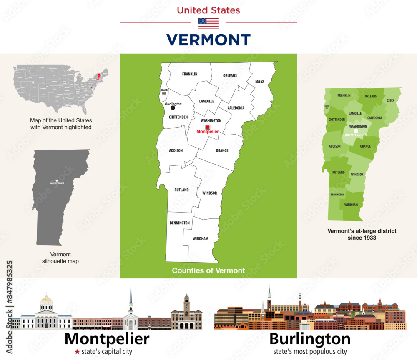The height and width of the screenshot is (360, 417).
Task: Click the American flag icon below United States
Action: [x=208, y=23]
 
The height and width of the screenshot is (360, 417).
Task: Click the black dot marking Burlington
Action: [x=173, y=107]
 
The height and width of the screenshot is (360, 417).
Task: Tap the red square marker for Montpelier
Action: [x=207, y=127]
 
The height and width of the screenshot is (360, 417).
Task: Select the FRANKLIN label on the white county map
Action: [x=189, y=74]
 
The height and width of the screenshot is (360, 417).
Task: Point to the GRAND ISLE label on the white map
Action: [x=164, y=91]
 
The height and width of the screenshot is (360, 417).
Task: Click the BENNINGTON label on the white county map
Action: [x=179, y=223]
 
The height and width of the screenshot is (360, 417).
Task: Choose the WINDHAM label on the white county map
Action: [x=200, y=239]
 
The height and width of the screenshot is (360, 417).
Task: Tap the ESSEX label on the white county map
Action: [x=259, y=82]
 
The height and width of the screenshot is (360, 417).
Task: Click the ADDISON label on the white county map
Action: [x=176, y=150]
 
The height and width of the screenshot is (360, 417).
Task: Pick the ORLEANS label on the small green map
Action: [x=370, y=97]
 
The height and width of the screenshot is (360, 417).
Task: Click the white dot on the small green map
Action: [x=356, y=130]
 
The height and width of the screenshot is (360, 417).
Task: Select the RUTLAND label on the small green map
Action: [x=338, y=172]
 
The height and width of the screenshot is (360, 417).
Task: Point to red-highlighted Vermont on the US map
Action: [x=99, y=77]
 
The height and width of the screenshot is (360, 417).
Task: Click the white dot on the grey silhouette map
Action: [x=57, y=180]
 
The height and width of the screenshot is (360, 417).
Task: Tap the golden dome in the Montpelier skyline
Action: [x=46, y=300]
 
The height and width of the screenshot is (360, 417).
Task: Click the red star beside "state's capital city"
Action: [x=77, y=352]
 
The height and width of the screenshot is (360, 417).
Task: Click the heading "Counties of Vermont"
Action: [x=208, y=270]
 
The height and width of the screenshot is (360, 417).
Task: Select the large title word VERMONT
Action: [x=208, y=40]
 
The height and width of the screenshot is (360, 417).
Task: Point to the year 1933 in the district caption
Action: [x=369, y=238]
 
